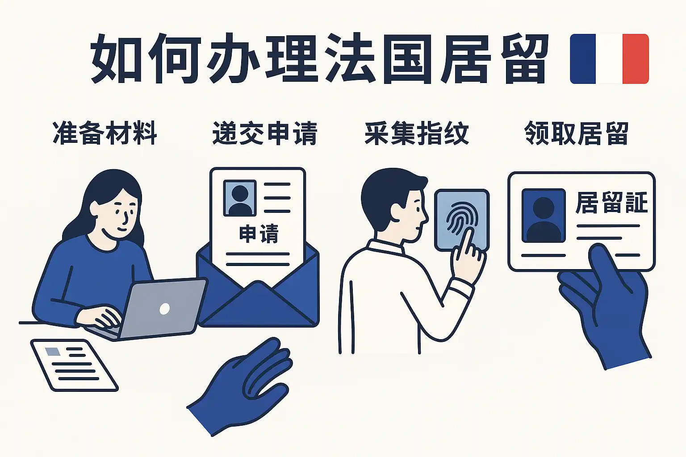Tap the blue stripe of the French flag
583,59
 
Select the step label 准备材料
105,133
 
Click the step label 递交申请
265,133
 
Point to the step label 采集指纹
417,133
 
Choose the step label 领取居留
577,133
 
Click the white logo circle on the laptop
165,309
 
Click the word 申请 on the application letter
259,234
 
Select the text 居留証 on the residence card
611,203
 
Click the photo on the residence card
544,216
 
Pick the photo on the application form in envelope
240,198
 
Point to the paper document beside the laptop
75,365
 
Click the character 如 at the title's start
117,58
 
